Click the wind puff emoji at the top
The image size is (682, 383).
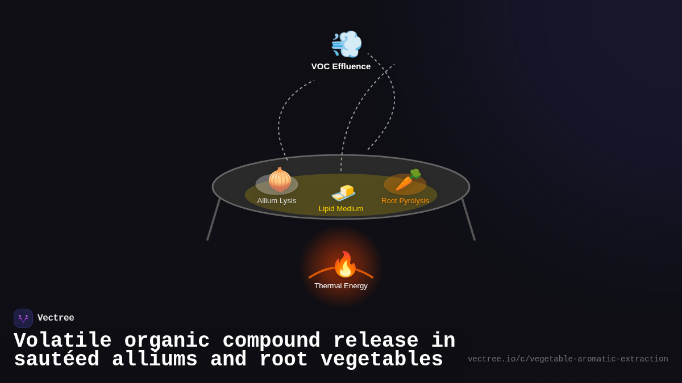pyautogui.click(x=346, y=44)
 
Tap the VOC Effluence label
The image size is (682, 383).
pyautogui.click(x=341, y=66)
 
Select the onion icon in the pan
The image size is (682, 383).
pyautogui.click(x=280, y=180)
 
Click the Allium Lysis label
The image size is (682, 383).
pyautogui.click(x=277, y=201)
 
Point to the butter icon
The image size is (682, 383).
pyautogui.click(x=343, y=192)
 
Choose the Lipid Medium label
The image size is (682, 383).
pyautogui.click(x=341, y=209)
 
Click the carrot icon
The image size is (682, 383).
pyautogui.click(x=407, y=180)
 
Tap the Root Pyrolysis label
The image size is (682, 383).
pyautogui.click(x=405, y=201)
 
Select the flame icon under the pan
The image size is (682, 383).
pyautogui.click(x=344, y=264)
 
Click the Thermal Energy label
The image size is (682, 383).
pyautogui.click(x=341, y=286)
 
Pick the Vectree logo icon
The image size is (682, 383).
pyautogui.click(x=23, y=318)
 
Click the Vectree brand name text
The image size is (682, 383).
pyautogui.click(x=56, y=318)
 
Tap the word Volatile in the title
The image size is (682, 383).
pyautogui.click(x=63, y=341)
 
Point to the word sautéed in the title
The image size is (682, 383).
pyautogui.click(x=56, y=360)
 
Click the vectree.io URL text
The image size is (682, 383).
pyautogui.click(x=568, y=359)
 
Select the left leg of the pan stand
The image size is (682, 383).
pyautogui.click(x=213, y=220)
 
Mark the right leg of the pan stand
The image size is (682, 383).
pyautogui.click(x=468, y=220)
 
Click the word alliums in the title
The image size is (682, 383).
pyautogui.click(x=155, y=360)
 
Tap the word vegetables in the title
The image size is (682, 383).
pyautogui.click(x=381, y=360)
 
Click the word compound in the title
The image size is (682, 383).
pyautogui.click(x=271, y=341)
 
